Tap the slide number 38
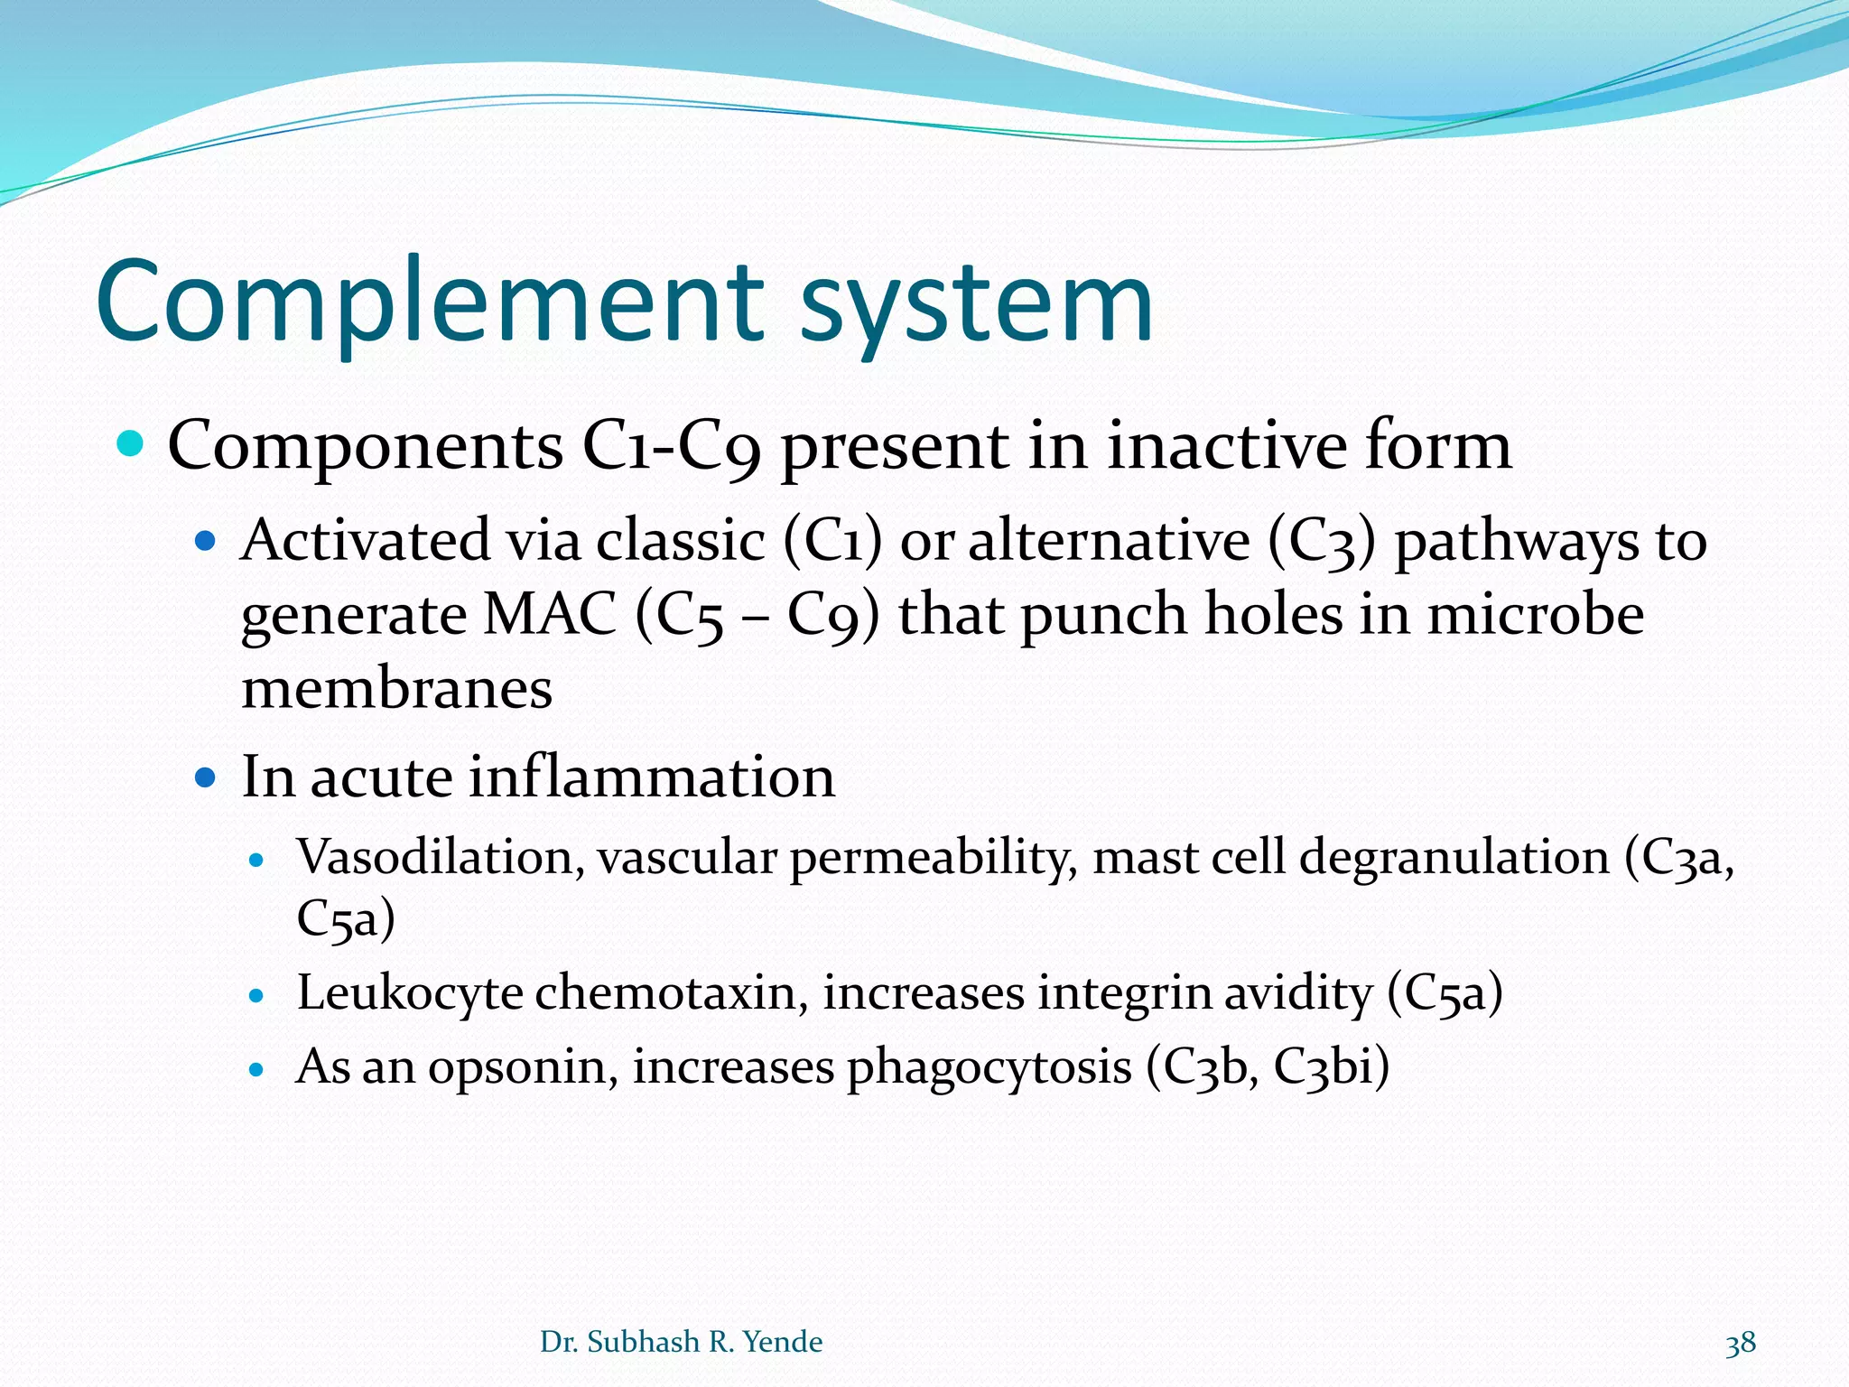point(1741,1344)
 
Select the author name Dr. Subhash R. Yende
point(681,1342)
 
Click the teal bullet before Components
point(131,444)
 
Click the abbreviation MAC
point(550,615)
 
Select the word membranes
point(396,689)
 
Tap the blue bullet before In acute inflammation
point(206,777)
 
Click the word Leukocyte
point(410,992)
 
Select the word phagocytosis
point(989,1068)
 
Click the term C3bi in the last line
point(1329,1066)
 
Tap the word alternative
point(1109,542)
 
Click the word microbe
point(1535,615)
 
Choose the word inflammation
point(651,777)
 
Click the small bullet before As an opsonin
point(257,1071)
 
